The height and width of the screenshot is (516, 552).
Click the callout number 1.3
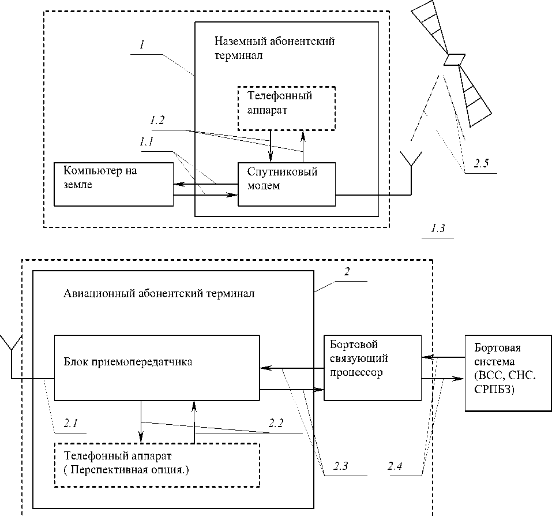[x=438, y=229]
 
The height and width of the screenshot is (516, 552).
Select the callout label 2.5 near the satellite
[x=481, y=164]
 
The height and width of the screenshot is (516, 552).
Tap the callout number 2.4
[x=397, y=466]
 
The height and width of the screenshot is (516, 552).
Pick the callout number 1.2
[x=157, y=121]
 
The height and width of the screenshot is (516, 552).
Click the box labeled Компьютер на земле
[x=113, y=184]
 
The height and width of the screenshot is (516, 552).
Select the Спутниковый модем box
[x=287, y=184]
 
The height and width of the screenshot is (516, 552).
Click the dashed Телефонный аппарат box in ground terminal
[x=287, y=109]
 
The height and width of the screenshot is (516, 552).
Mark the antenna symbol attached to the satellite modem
[x=411, y=159]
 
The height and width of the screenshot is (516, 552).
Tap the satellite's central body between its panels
[x=455, y=59]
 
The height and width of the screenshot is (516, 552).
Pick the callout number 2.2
[x=276, y=423]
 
